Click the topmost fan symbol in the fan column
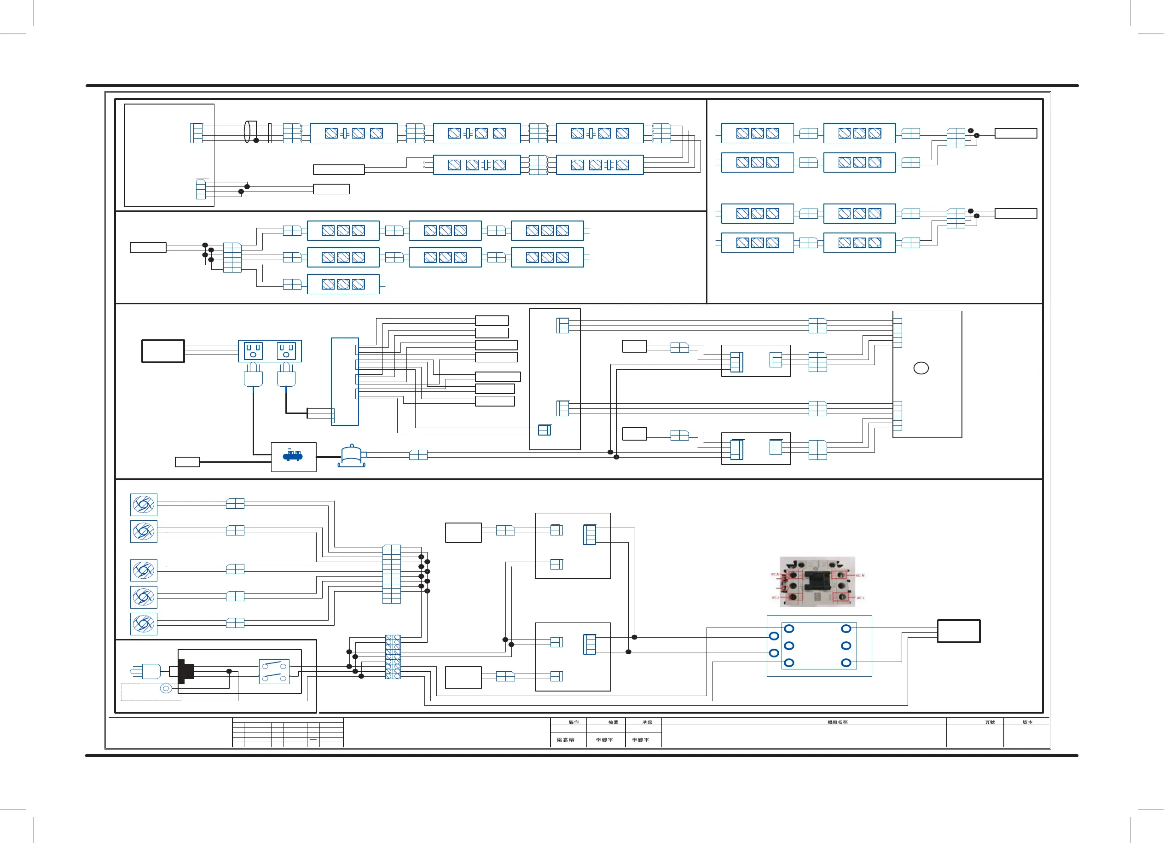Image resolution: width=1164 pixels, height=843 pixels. click(x=143, y=505)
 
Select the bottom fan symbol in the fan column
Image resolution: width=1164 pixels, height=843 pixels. click(x=143, y=624)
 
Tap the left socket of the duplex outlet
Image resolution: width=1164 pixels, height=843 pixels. click(x=254, y=351)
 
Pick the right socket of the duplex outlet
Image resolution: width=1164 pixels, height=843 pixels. click(x=286, y=351)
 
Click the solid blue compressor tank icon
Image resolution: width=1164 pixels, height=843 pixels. click(x=293, y=455)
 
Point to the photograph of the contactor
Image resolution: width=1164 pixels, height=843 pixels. click(x=817, y=581)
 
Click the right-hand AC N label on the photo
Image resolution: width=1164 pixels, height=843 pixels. click(x=860, y=576)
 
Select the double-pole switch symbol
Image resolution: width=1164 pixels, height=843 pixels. click(x=274, y=672)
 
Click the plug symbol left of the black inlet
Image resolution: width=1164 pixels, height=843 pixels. click(x=149, y=671)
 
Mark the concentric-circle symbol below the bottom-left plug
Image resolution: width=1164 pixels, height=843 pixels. click(x=166, y=688)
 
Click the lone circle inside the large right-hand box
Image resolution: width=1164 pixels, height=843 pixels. click(x=921, y=368)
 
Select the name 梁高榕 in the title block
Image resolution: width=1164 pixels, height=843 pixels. click(x=565, y=740)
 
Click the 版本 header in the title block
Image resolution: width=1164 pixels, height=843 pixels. click(x=1027, y=722)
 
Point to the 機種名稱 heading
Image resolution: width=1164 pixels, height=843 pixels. click(x=837, y=722)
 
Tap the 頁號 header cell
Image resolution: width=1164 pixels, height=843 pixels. click(x=990, y=722)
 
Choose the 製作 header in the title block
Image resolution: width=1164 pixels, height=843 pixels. click(x=573, y=722)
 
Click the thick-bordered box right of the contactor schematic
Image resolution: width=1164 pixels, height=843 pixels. click(x=959, y=631)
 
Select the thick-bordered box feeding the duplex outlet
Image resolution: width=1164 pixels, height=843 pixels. click(x=162, y=351)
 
